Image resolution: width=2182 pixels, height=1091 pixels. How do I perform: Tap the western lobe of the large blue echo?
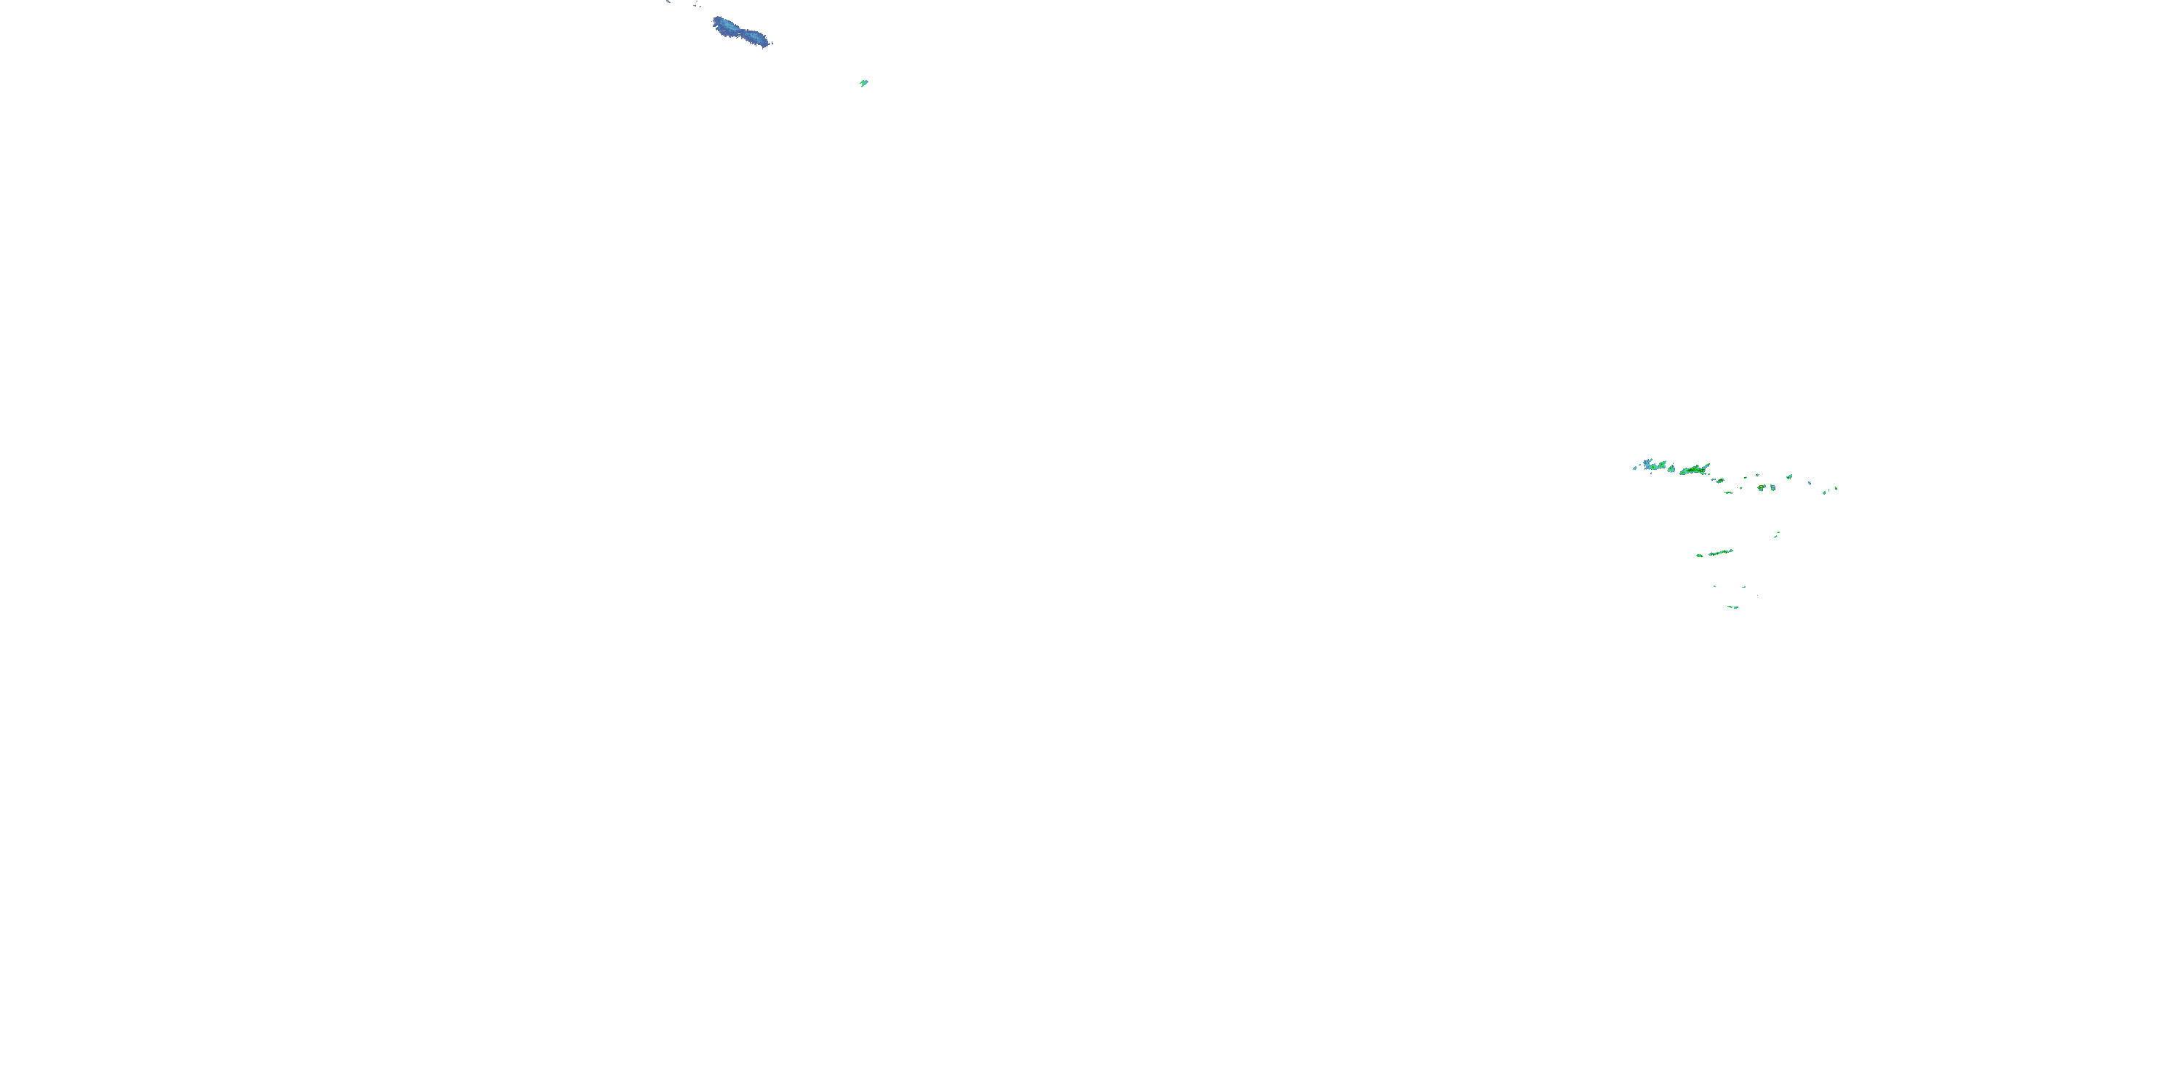pyautogui.click(x=724, y=25)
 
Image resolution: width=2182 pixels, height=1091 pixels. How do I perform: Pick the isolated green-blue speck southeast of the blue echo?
pyautogui.click(x=863, y=83)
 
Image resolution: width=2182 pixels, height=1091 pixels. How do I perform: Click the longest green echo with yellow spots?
pyautogui.click(x=1695, y=469)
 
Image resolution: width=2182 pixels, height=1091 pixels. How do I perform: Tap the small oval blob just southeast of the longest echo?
pyautogui.click(x=1720, y=480)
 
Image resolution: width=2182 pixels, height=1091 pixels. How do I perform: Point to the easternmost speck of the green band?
pyautogui.click(x=1836, y=488)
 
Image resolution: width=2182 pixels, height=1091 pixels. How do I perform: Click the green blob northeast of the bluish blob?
pyautogui.click(x=1789, y=477)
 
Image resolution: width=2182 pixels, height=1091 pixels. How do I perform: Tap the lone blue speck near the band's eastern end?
pyautogui.click(x=1810, y=484)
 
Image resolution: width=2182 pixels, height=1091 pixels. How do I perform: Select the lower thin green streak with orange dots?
pyautogui.click(x=1720, y=552)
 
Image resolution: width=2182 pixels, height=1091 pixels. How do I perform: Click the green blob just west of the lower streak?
pyautogui.click(x=1699, y=555)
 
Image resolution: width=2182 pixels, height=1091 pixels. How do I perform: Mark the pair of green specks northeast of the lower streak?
pyautogui.click(x=1777, y=534)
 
